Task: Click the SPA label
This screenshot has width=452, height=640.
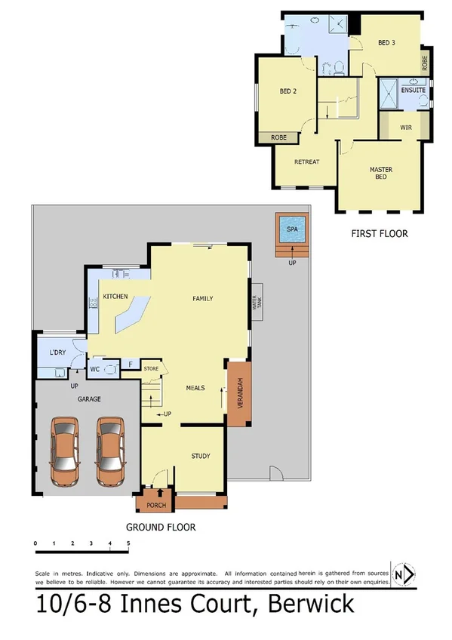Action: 291,230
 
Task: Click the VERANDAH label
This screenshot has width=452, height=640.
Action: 239,392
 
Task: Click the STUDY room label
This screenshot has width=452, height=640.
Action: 200,456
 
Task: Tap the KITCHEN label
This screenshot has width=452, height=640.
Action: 115,296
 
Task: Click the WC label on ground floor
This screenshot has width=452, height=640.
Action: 96,369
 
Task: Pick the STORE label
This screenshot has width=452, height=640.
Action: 152,369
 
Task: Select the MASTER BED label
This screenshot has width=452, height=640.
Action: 380,173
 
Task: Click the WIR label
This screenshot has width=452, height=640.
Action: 404,127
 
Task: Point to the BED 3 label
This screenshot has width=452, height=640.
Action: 386,43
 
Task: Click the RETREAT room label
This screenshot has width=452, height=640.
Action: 306,162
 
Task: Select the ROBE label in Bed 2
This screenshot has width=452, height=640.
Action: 279,138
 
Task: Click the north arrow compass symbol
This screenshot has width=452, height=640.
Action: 404,575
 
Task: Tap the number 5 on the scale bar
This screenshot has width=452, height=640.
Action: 128,543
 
